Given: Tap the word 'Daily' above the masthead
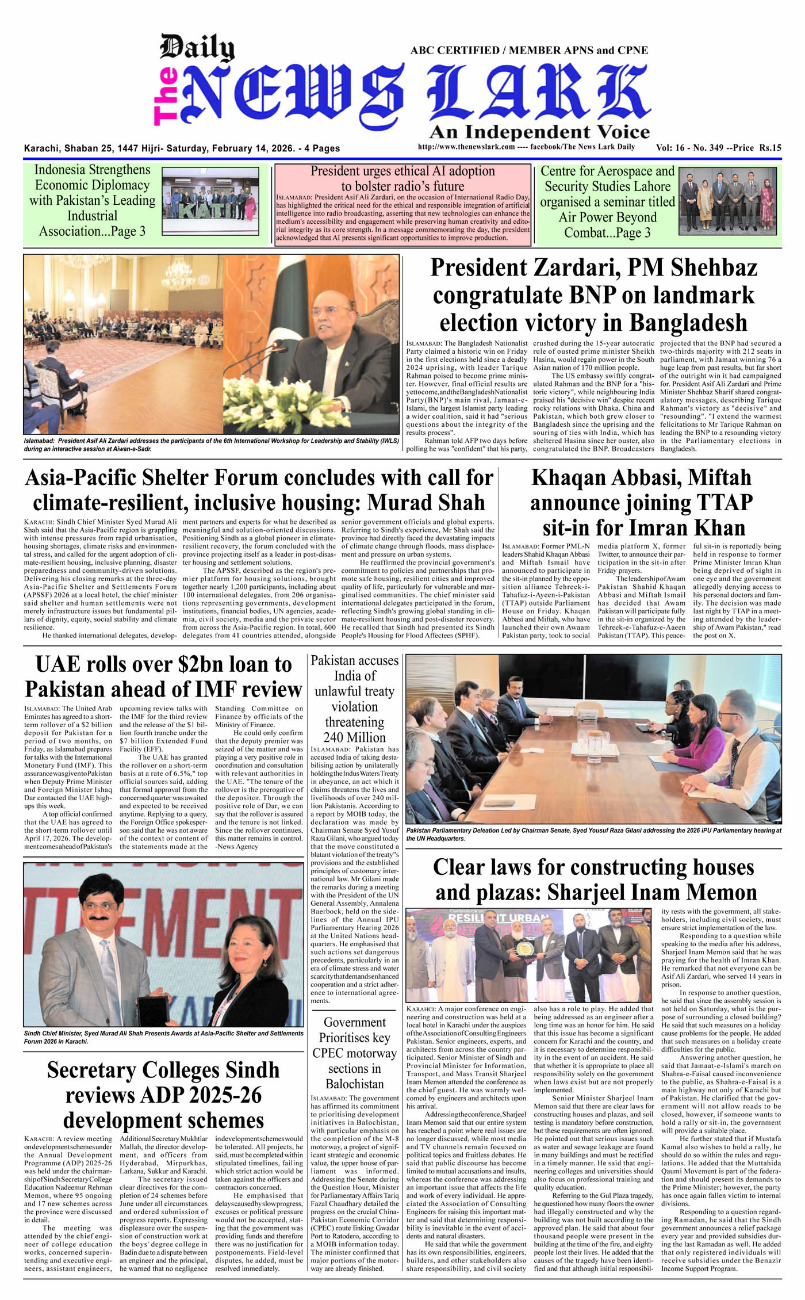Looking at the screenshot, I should [197, 48].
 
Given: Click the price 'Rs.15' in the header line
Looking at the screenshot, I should [770, 148].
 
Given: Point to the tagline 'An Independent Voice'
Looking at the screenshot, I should [539, 132].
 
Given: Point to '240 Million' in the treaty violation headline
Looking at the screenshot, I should [354, 737].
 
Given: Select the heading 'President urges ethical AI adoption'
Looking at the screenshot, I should [402, 171].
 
